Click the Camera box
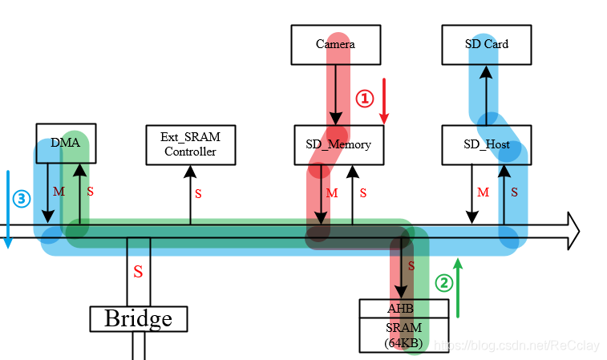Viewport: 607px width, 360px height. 335,44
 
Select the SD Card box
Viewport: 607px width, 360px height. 486,44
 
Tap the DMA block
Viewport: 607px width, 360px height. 66,143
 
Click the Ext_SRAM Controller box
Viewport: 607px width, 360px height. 190,144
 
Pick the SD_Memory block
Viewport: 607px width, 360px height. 338,144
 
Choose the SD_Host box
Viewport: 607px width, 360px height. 487,144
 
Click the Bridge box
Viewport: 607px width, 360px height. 138,318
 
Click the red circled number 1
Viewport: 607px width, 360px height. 365,98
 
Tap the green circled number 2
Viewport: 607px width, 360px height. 443,282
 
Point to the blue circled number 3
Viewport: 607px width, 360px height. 21,198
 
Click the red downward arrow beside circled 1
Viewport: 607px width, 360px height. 384,101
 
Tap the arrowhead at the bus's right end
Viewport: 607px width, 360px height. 571,231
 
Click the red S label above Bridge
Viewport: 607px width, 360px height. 138,272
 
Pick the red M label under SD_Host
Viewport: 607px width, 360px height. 483,192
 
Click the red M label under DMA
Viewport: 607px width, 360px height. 58,192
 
